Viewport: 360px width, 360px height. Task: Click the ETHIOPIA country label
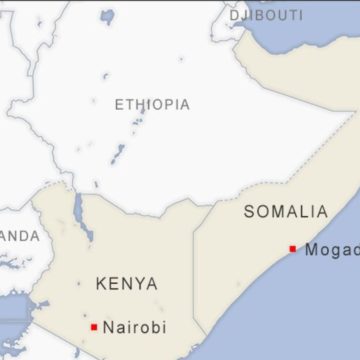(x=152, y=104)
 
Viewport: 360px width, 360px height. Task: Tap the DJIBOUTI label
(x=266, y=16)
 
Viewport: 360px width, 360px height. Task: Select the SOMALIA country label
(x=285, y=211)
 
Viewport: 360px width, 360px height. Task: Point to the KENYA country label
(x=126, y=283)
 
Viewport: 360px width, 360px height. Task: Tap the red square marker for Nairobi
(x=94, y=327)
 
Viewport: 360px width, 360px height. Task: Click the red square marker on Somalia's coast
(x=293, y=249)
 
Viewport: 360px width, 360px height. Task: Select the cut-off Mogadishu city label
(x=331, y=250)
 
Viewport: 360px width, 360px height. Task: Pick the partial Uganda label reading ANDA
(x=19, y=236)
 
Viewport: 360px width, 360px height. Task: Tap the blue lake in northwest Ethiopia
(x=107, y=17)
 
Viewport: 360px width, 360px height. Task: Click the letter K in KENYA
(x=101, y=283)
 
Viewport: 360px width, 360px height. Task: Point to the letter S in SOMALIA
(x=249, y=211)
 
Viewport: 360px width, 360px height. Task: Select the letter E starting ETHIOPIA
(x=119, y=104)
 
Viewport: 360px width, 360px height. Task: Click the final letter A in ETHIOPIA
(x=185, y=104)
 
